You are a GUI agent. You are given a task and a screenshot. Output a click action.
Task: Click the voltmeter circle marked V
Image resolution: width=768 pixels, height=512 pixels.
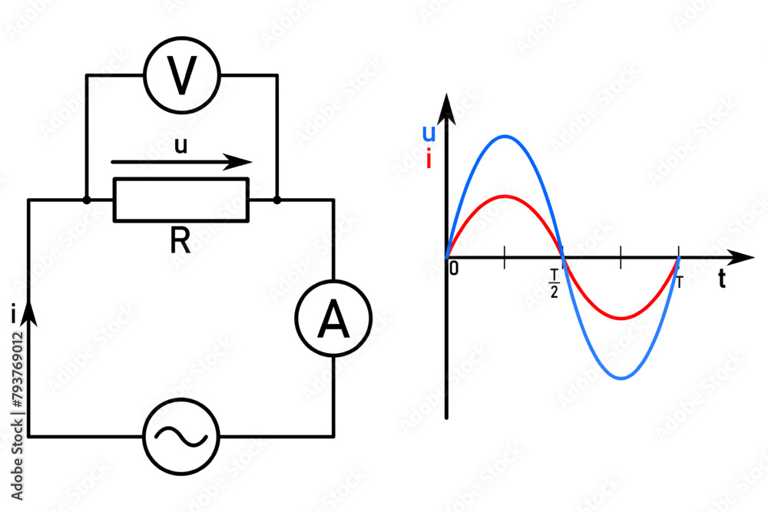click(x=182, y=75)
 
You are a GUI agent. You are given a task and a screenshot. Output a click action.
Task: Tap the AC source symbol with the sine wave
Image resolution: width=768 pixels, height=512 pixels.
click(x=181, y=436)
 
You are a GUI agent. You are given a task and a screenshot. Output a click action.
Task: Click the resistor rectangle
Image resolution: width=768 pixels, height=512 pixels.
click(x=181, y=200)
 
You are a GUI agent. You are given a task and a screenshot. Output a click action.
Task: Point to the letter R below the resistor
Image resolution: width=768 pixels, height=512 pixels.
click(x=180, y=241)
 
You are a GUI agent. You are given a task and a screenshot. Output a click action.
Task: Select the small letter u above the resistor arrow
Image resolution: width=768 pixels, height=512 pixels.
click(x=180, y=146)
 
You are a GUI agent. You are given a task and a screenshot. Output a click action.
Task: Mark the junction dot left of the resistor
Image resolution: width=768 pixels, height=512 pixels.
click(x=87, y=200)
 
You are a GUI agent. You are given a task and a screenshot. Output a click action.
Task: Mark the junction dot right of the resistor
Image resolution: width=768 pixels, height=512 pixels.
click(x=277, y=200)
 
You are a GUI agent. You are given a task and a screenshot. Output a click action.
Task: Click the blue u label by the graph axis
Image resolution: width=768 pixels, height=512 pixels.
click(x=429, y=134)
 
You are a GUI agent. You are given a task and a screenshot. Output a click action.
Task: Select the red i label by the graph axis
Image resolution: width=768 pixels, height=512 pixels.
click(x=428, y=159)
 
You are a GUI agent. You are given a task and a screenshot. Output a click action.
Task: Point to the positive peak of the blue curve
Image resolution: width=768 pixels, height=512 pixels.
click(x=505, y=137)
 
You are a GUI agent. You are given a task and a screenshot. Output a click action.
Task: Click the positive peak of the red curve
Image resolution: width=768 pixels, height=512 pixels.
click(x=505, y=196)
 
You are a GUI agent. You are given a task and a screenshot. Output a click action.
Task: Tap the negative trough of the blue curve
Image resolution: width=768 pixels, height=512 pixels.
click(x=621, y=378)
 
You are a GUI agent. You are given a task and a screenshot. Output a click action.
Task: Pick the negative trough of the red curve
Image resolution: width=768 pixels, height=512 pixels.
click(x=621, y=318)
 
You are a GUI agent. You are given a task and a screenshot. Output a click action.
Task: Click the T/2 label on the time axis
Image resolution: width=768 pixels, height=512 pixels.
click(x=554, y=283)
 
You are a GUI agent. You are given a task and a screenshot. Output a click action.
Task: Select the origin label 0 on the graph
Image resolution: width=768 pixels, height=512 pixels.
click(x=454, y=269)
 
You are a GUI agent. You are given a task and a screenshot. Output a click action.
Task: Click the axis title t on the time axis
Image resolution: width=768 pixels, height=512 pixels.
click(x=722, y=280)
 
